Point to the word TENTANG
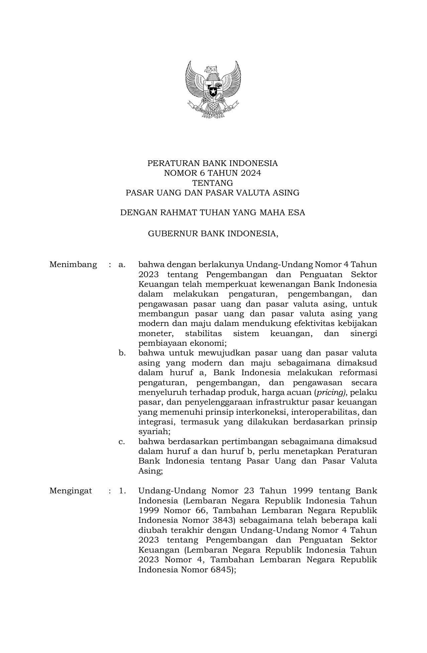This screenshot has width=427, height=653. [212, 183]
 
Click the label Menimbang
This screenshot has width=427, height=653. [73, 264]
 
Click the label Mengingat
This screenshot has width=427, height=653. [71, 491]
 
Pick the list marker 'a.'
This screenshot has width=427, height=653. [122, 264]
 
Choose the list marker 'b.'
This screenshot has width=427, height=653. [122, 353]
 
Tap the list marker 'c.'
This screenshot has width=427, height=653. [122, 441]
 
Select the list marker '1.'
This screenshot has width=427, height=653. [122, 491]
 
